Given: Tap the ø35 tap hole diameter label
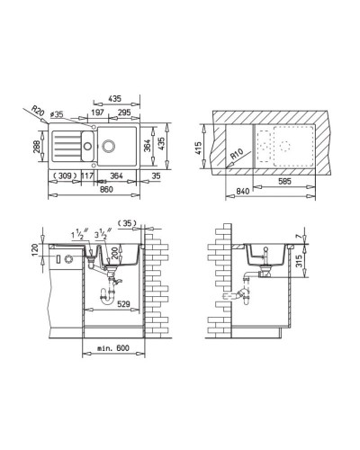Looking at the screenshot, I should (x=58, y=116).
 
